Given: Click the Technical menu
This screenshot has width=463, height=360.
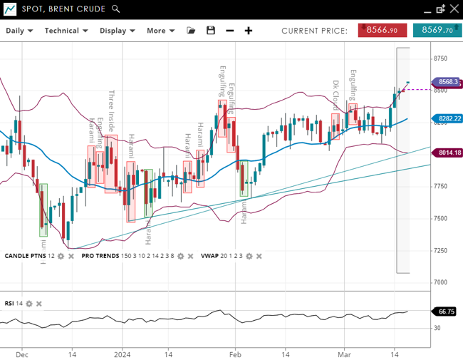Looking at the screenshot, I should [66, 31].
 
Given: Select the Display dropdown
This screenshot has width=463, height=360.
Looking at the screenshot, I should [117, 31].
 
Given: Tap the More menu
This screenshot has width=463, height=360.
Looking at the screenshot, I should [160, 31].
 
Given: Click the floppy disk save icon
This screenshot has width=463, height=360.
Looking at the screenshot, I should [211, 31].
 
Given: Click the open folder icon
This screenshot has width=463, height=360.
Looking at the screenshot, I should [191, 31].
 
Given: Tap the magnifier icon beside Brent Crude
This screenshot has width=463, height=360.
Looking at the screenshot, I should [116, 9].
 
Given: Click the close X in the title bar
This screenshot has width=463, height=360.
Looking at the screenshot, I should [454, 9].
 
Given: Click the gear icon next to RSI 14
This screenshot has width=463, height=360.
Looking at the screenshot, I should [29, 304].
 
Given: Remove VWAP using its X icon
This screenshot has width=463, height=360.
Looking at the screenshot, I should [259, 256].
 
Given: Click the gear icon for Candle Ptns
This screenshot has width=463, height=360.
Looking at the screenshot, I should [61, 256].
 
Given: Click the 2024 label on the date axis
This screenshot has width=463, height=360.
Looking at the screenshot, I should [123, 354].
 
